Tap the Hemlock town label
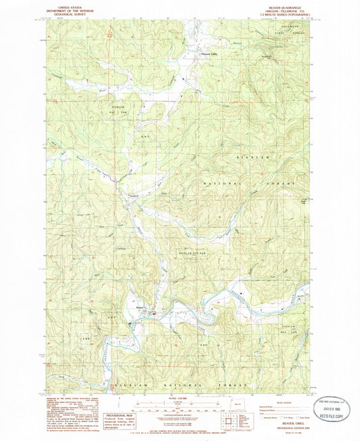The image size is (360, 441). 133,197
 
